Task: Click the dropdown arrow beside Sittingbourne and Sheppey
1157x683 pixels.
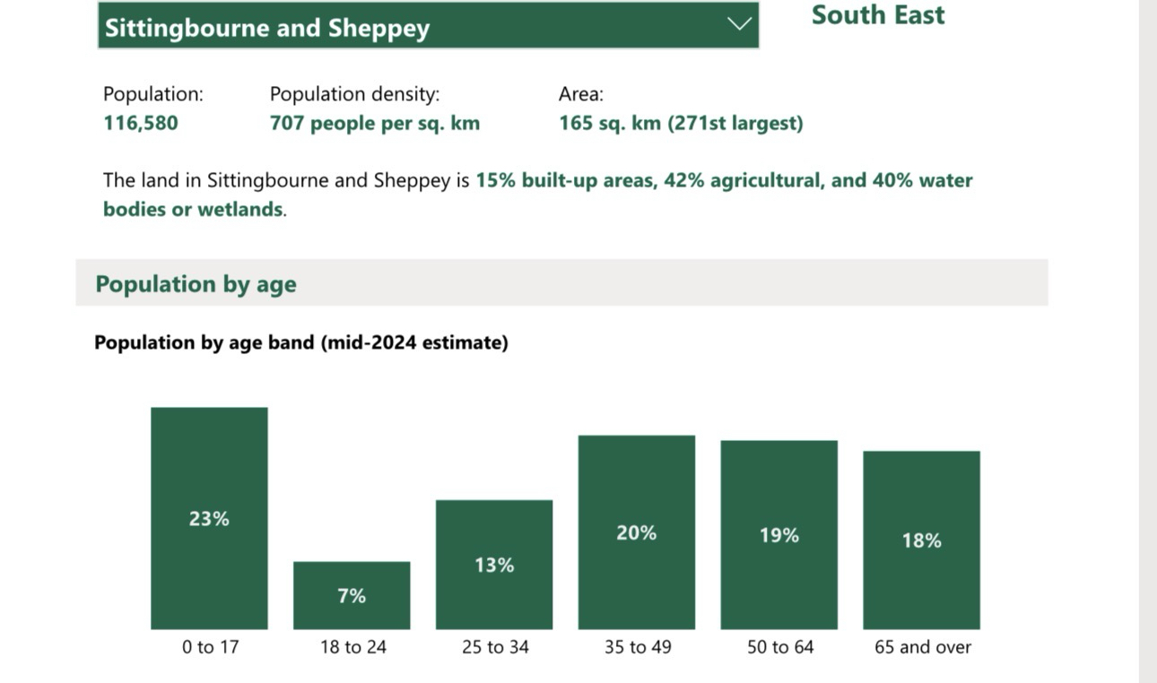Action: (x=739, y=24)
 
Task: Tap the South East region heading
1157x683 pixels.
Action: (x=877, y=15)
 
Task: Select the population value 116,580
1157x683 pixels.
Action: (x=141, y=123)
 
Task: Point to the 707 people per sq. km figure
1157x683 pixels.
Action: (x=374, y=123)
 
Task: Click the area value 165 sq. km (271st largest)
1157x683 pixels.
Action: (x=680, y=123)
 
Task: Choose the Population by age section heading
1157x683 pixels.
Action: (x=196, y=284)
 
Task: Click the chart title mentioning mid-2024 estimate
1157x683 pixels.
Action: (x=300, y=342)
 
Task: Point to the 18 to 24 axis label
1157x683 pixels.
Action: (x=352, y=646)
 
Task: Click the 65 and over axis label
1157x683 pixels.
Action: (x=922, y=646)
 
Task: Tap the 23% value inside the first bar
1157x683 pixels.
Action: (x=209, y=518)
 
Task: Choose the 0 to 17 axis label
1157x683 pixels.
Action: (x=210, y=646)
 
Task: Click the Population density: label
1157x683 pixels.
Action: (x=354, y=93)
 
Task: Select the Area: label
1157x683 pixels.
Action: (x=580, y=93)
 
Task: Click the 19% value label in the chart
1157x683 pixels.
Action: (x=779, y=535)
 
